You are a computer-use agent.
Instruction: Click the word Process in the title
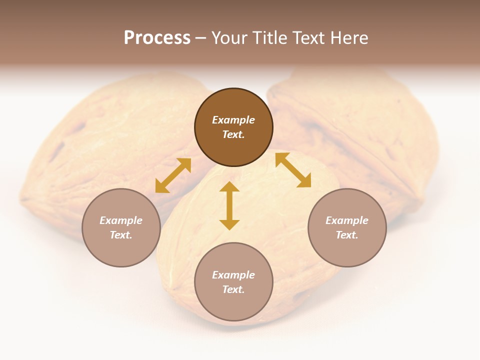point(157,38)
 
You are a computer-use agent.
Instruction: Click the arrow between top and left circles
point(173,175)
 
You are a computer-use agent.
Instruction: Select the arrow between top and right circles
point(293,170)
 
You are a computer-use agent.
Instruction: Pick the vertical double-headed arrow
point(229,205)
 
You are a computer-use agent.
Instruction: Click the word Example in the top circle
point(233,120)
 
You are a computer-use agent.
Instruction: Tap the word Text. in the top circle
point(233,134)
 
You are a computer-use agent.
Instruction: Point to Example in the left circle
point(121,220)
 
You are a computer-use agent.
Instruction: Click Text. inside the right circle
point(347,235)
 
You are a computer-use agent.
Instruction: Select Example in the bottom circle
point(233,275)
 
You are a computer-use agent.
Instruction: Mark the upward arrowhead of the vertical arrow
point(229,187)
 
